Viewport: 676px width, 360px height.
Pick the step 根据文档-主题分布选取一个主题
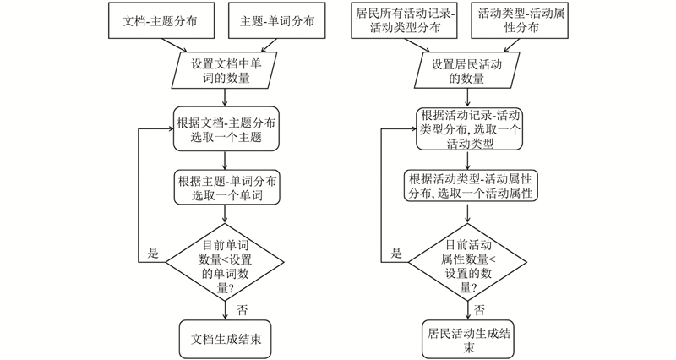click(x=225, y=128)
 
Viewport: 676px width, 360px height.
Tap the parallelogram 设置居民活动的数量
click(x=466, y=71)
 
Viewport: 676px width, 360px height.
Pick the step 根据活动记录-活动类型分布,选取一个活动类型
click(x=466, y=128)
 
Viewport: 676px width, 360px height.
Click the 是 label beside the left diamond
click(x=153, y=253)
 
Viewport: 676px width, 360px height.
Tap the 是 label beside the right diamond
click(x=396, y=253)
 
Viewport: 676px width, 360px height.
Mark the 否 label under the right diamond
click(x=479, y=309)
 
